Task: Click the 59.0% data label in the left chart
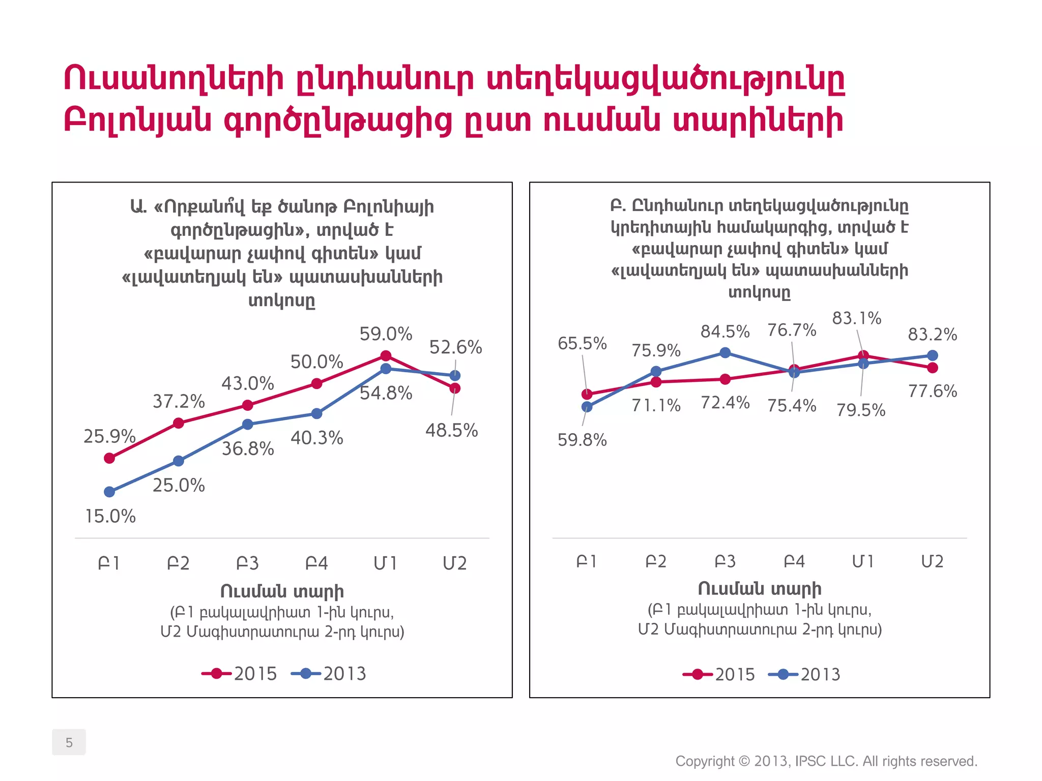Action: (x=386, y=334)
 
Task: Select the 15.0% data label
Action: (x=110, y=517)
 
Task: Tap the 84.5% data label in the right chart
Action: (x=725, y=332)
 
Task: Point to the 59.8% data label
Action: (x=582, y=440)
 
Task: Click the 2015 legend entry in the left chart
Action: (x=240, y=674)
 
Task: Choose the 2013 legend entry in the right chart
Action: (x=804, y=674)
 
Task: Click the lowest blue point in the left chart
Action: (x=109, y=492)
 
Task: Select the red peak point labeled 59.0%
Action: (x=386, y=356)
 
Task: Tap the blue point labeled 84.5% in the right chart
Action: (x=726, y=353)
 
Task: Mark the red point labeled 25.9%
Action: (x=109, y=458)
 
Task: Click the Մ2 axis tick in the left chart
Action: (x=454, y=563)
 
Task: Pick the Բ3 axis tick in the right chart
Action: (x=725, y=561)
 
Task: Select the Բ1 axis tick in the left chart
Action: (x=109, y=563)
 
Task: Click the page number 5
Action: (x=69, y=742)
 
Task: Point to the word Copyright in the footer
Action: (x=705, y=761)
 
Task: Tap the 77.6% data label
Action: (x=933, y=391)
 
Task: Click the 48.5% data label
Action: (x=451, y=431)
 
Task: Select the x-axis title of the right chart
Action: (x=759, y=588)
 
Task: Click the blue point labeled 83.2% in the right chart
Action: (x=933, y=355)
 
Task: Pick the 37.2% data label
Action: (x=179, y=402)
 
